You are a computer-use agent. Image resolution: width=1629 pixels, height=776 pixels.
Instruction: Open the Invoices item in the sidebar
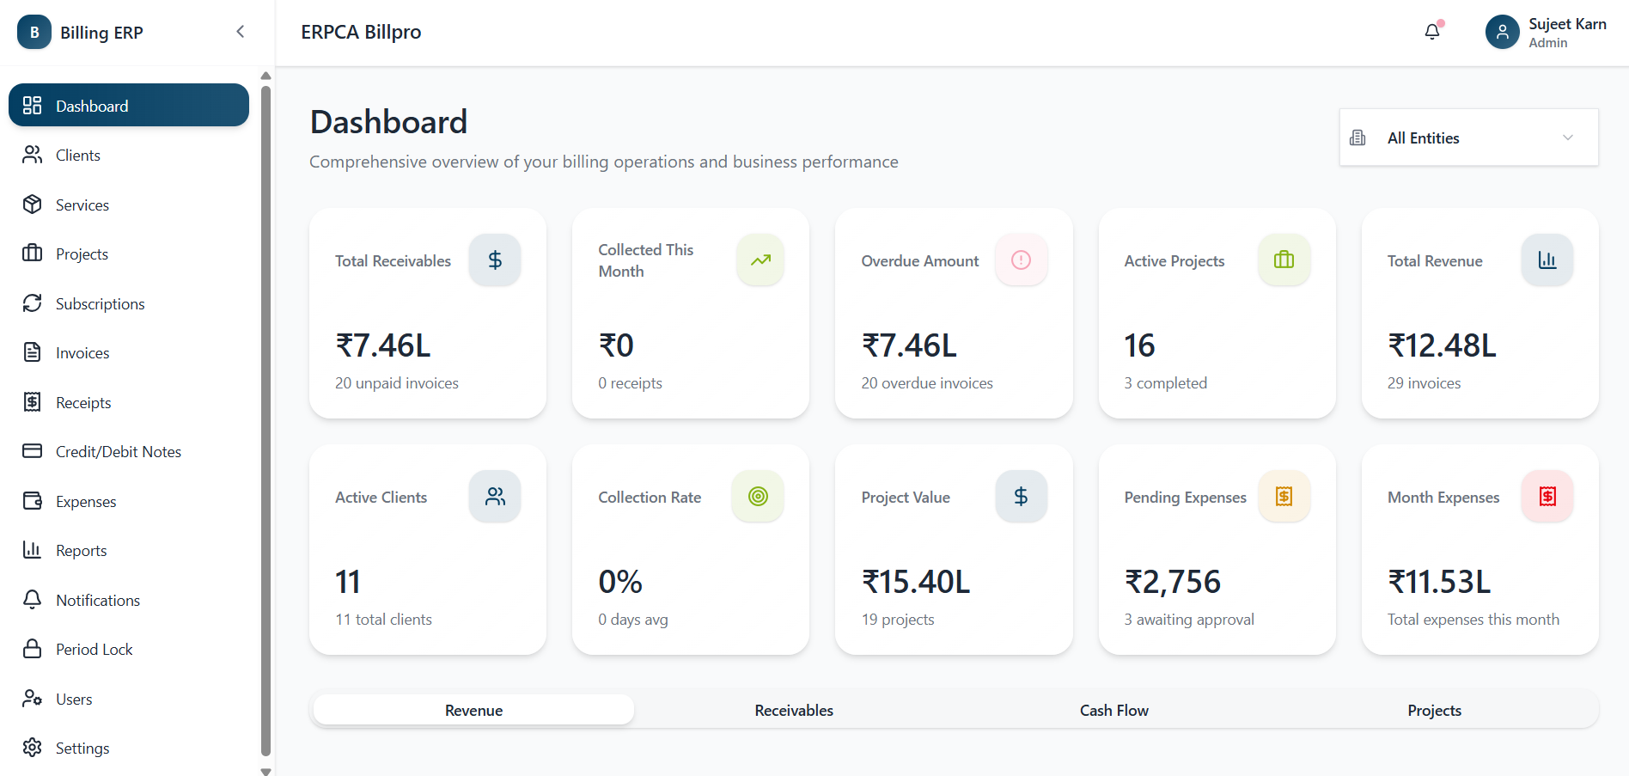click(x=82, y=353)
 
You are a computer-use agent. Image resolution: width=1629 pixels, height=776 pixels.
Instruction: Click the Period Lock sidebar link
click(x=94, y=650)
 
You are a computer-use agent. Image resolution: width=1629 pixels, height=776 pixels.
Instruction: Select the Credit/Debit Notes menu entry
click(x=118, y=452)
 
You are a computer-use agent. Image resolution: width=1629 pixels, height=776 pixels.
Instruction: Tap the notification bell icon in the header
click(x=1431, y=32)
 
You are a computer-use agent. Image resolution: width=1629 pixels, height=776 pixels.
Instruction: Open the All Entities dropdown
click(x=1467, y=137)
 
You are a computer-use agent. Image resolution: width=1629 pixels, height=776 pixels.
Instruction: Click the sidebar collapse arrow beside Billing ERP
click(x=241, y=32)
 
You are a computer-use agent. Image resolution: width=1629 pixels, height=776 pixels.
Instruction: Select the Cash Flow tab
click(x=1113, y=711)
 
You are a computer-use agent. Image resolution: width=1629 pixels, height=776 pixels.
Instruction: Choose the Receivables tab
click(x=794, y=711)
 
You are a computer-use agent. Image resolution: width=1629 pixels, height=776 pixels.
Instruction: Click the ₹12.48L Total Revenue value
click(x=1442, y=345)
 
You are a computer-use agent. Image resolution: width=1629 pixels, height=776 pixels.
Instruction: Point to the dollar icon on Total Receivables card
click(x=495, y=260)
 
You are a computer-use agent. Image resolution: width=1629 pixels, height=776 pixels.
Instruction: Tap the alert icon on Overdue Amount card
click(x=1021, y=260)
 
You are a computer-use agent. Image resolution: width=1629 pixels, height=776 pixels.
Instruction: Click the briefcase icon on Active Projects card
click(x=1284, y=260)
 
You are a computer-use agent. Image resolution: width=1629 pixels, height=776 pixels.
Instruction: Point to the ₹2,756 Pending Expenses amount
click(x=1173, y=582)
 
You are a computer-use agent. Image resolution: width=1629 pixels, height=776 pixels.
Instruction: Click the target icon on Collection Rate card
click(x=758, y=496)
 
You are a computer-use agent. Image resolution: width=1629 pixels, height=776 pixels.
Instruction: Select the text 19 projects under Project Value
click(x=898, y=620)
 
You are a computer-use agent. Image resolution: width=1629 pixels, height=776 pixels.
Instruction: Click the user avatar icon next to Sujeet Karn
click(x=1502, y=32)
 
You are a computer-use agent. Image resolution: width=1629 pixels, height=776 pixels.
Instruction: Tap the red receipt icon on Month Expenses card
click(x=1547, y=496)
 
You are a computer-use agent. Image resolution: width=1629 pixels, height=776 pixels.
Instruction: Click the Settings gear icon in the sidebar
click(x=33, y=748)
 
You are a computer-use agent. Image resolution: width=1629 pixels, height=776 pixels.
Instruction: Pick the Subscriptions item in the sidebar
click(x=100, y=304)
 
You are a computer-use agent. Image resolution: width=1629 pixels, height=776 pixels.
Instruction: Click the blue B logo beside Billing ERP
click(x=34, y=32)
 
